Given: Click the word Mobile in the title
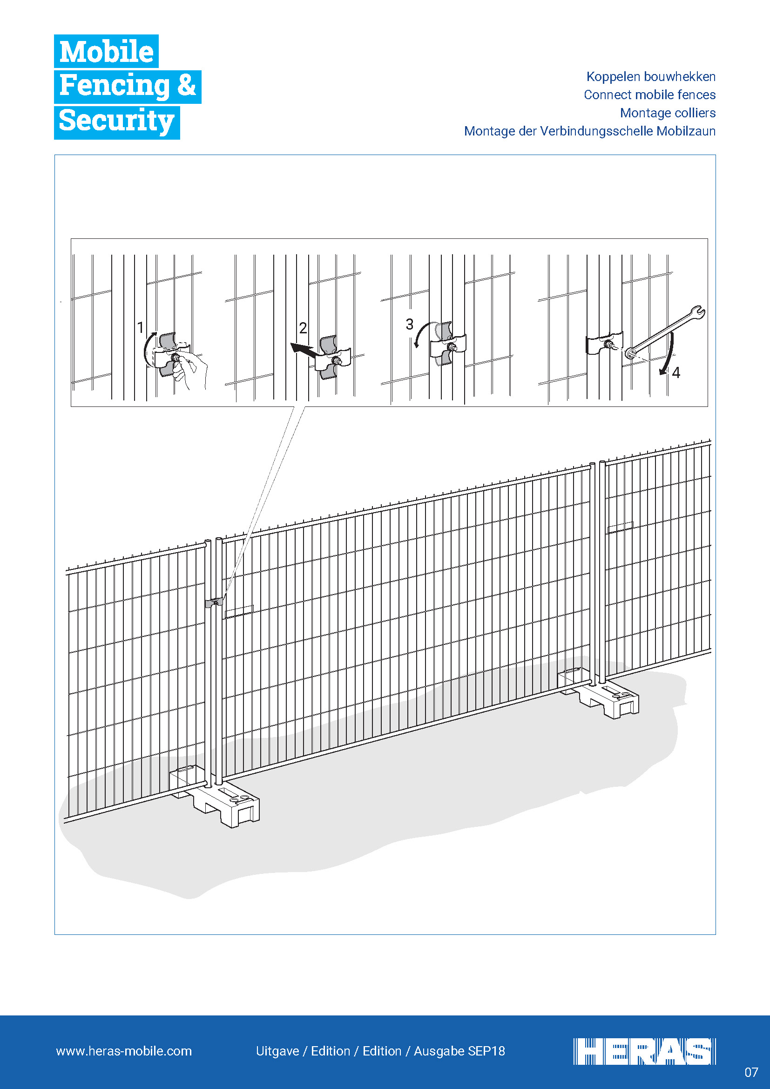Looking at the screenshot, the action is [x=106, y=51].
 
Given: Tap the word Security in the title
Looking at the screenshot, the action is [x=117, y=122].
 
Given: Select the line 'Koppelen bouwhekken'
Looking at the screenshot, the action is [x=650, y=77].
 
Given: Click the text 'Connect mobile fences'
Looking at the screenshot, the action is [x=649, y=95].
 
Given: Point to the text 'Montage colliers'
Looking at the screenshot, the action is [x=668, y=113].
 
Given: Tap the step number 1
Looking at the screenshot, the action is [x=140, y=327].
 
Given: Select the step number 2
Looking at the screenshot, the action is [x=303, y=328].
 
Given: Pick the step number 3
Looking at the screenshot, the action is [x=410, y=325].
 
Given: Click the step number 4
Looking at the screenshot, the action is [x=676, y=373].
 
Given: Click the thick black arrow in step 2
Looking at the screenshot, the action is [x=304, y=351].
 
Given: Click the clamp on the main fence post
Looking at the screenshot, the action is [x=214, y=603].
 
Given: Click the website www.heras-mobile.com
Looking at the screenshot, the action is [x=124, y=1051].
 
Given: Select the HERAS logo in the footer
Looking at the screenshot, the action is [x=644, y=1052].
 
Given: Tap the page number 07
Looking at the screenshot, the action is [x=751, y=1072].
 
